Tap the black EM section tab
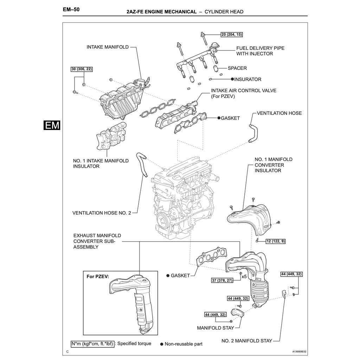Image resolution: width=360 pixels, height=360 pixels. coord(52,126)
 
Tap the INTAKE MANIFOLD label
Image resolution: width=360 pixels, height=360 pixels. coord(108,47)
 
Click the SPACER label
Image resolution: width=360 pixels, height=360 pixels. coord(237,68)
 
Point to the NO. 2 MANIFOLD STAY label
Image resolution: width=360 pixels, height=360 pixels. coord(246,341)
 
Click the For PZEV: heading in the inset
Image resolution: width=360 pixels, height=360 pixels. coord(98,277)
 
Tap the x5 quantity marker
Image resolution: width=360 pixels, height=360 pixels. coord(244,277)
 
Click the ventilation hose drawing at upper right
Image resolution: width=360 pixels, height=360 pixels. coord(253,132)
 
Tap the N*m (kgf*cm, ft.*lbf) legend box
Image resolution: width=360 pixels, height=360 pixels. coord(92,343)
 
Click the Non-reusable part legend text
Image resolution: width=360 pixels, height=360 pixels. coord(184,344)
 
